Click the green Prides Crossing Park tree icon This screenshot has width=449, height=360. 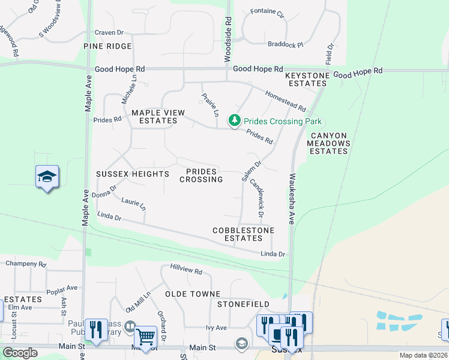pos(235,121)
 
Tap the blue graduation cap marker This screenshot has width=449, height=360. pos(47,176)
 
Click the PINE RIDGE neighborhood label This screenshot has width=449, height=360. pos(107,46)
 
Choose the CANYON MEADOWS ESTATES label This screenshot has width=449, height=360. pos(328,143)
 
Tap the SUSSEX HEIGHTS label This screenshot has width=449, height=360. pos(133,174)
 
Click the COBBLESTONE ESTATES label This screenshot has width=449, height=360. pos(243,234)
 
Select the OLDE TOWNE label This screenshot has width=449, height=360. pos(193,294)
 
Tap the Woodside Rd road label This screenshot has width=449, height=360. pos(228,39)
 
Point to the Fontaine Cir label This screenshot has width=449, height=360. pos(267,11)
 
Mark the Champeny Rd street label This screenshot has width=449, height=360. pos(26,263)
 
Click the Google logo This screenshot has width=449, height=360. pos(20,353)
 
